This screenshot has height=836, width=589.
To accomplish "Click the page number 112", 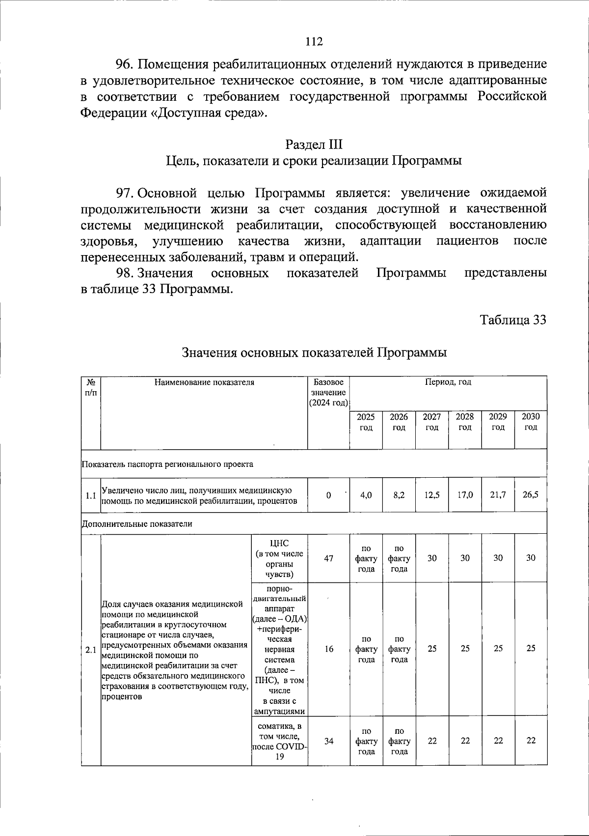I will [314, 41].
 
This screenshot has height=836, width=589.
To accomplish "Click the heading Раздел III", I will [314, 144].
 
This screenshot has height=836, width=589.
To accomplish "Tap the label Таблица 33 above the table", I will [513, 320].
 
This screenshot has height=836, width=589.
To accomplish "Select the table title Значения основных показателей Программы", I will [314, 353].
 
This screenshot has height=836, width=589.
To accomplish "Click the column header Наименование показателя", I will [204, 382].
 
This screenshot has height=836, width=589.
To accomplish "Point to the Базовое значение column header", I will [328, 392].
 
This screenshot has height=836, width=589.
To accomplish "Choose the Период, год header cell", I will [448, 382].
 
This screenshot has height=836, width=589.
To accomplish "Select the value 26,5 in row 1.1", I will [531, 495].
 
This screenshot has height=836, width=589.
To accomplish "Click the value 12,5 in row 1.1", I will [432, 495].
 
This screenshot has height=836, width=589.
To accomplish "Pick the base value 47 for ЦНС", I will [328, 558].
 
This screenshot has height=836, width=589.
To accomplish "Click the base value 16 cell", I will [328, 649].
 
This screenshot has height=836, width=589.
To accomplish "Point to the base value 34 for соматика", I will [328, 741].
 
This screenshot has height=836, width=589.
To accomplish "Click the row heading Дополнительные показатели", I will [137, 524].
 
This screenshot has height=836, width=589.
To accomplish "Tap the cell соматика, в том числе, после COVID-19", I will [279, 741].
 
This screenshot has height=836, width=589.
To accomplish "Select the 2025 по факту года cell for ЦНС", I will [366, 558].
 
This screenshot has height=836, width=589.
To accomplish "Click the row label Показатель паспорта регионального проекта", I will [167, 464].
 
